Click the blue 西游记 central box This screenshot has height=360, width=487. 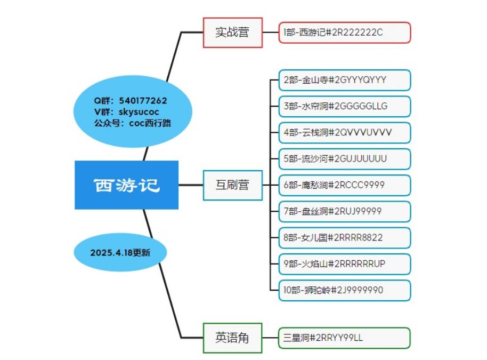126,185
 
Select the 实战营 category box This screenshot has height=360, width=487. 233,33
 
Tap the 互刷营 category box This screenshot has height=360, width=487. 233,185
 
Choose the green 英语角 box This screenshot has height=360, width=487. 233,338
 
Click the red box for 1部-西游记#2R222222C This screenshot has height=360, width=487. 344,33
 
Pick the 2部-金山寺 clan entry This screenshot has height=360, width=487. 344,80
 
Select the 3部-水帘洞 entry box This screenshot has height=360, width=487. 344,106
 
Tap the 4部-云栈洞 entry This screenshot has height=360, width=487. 344,133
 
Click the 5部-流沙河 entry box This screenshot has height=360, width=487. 344,159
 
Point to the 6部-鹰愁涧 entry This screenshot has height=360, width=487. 344,185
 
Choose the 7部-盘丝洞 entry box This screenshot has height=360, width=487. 344,211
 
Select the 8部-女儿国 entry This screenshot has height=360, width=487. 344,238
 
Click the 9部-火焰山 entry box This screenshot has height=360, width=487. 344,264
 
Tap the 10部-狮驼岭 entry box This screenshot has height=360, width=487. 344,290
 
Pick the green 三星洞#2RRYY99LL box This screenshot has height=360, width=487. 344,338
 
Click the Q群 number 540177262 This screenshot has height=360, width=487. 143,101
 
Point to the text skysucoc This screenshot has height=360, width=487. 139,112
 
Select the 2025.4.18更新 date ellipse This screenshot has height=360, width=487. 120,252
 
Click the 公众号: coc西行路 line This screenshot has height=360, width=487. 133,123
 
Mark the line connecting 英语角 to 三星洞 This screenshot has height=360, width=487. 270,338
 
